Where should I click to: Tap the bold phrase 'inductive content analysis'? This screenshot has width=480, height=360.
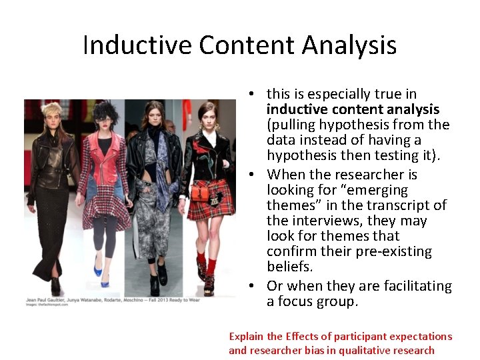click(353, 109)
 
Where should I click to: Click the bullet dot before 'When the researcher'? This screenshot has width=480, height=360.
click(247, 175)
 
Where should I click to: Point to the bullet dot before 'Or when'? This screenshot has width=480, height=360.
click(247, 286)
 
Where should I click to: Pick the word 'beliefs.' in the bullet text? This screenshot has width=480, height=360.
click(289, 267)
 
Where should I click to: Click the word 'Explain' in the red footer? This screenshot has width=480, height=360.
click(246, 337)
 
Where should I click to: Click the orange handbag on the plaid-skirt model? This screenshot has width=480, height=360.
click(201, 192)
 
